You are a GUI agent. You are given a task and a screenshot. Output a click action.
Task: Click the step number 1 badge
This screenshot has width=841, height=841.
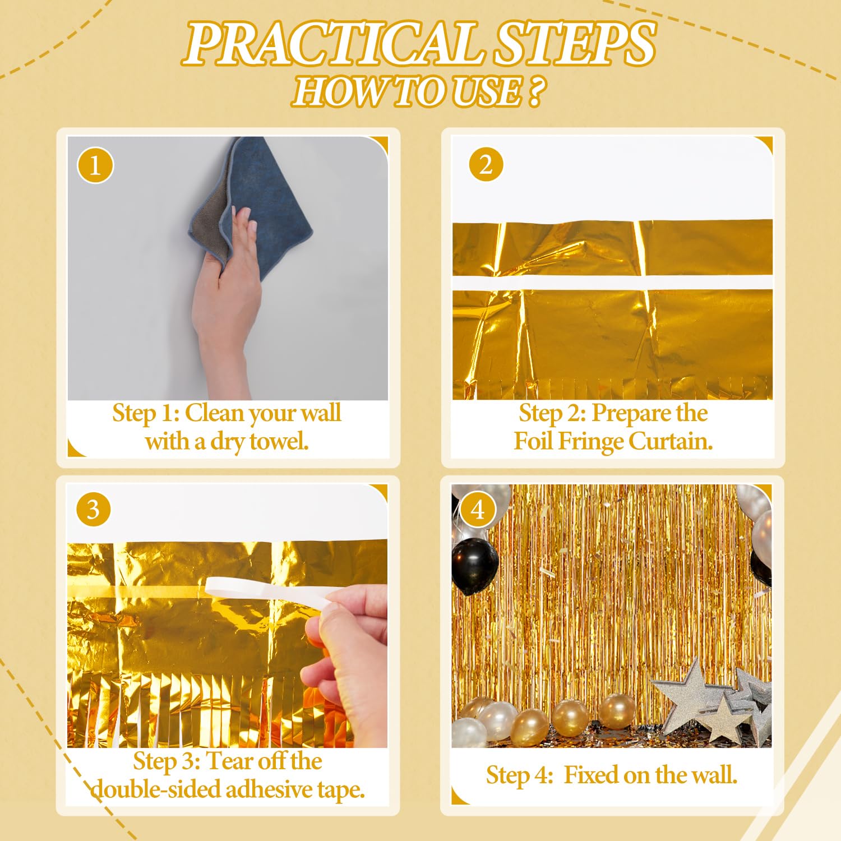pos(95,166)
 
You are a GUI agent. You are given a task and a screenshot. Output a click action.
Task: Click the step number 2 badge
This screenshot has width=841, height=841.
pos(486,165)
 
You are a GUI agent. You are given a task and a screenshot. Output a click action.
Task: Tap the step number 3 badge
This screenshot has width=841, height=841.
pos(93,510)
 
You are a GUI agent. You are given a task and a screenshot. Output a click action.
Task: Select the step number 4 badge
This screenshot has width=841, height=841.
pos(477,510)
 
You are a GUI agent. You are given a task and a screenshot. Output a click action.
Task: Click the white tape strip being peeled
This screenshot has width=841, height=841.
pos(264,592)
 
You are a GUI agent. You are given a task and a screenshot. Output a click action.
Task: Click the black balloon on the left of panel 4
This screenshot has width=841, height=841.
pos(474,565)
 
